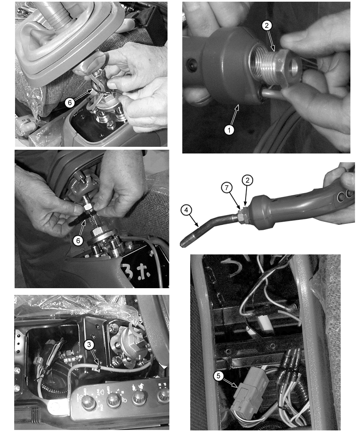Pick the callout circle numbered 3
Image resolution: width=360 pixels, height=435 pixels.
[88, 344]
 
